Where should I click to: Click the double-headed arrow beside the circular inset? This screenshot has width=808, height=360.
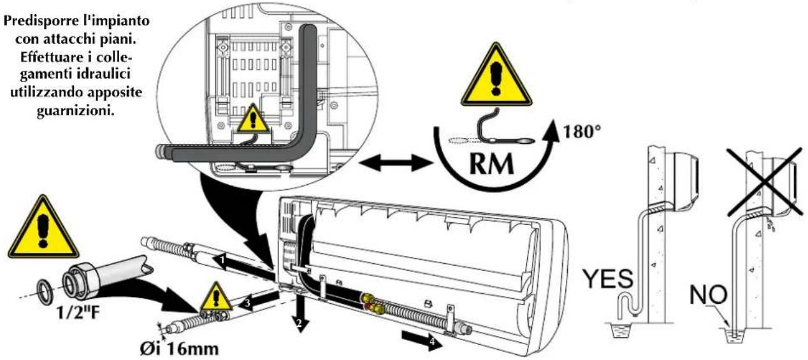(392, 163)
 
